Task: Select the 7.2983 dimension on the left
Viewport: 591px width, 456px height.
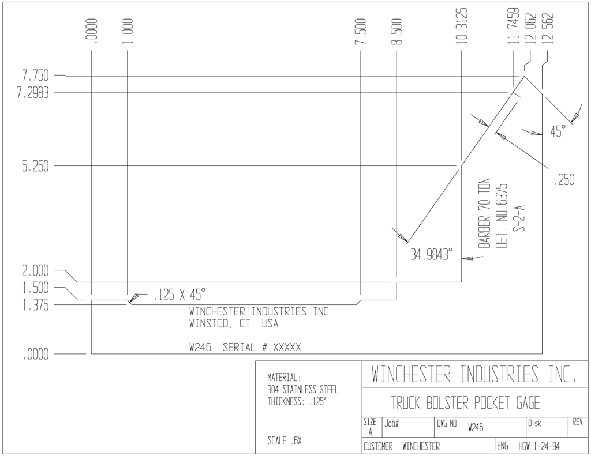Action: click(x=33, y=93)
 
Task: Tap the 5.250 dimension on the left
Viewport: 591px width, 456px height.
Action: click(x=35, y=166)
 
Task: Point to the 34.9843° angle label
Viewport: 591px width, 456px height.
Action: click(x=431, y=255)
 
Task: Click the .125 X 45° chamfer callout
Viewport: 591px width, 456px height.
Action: click(x=180, y=295)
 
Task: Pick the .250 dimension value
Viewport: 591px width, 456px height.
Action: click(x=564, y=180)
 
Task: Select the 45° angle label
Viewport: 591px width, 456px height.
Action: click(x=558, y=131)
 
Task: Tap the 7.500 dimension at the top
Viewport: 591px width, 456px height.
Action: click(x=361, y=31)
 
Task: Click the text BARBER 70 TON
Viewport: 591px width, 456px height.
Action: click(x=484, y=213)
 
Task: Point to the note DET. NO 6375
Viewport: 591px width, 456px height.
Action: click(x=502, y=216)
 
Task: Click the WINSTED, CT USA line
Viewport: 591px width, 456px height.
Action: click(x=234, y=324)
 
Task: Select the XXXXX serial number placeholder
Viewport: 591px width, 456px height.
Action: click(x=287, y=347)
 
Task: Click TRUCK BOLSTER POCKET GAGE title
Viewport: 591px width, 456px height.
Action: click(x=465, y=403)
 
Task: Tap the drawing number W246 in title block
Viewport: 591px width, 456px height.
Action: click(x=476, y=427)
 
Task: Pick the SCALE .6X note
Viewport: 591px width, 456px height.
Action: click(x=285, y=440)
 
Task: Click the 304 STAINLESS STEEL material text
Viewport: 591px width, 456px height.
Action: click(x=302, y=389)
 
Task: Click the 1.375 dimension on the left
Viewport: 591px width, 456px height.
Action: click(x=35, y=306)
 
